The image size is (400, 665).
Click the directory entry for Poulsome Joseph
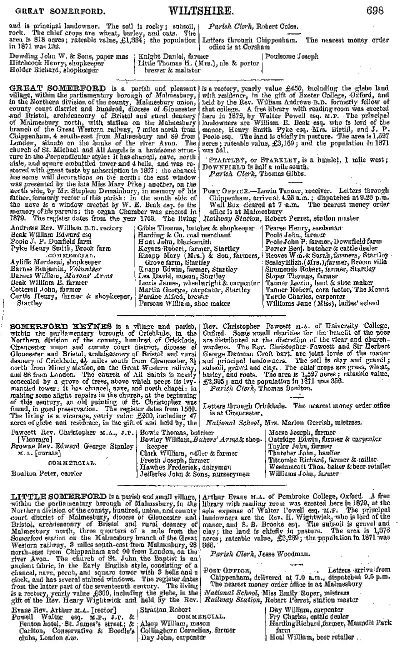coord(292,56)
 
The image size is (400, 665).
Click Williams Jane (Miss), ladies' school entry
coord(322,303)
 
